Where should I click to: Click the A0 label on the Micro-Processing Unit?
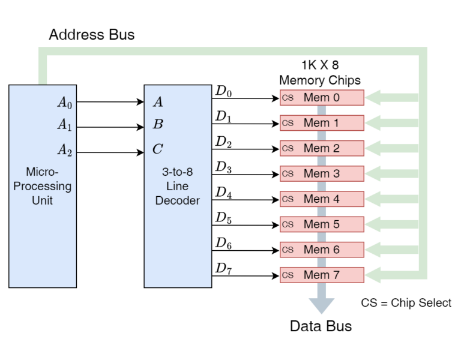pyautogui.click(x=64, y=103)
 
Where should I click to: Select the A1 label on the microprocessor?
pyautogui.click(x=64, y=125)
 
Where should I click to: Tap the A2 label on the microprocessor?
pyautogui.click(x=64, y=150)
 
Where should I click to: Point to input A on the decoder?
pyautogui.click(x=158, y=102)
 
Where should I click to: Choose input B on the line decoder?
pyautogui.click(x=158, y=125)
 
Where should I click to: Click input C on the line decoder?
pyautogui.click(x=158, y=149)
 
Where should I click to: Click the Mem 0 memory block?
pyautogui.click(x=322, y=98)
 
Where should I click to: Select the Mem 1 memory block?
pyautogui.click(x=322, y=123)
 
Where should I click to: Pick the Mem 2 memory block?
pyautogui.click(x=322, y=148)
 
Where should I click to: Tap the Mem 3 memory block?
pyautogui.click(x=322, y=174)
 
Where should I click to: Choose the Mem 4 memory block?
pyautogui.click(x=322, y=199)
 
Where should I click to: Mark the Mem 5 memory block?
pyautogui.click(x=322, y=224)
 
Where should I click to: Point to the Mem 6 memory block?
pyautogui.click(x=322, y=250)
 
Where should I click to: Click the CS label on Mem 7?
pyautogui.click(x=288, y=275)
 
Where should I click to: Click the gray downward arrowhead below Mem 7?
pyautogui.click(x=322, y=306)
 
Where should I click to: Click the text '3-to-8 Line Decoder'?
pyautogui.click(x=178, y=186)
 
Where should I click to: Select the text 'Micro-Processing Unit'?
pyautogui.click(x=42, y=186)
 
